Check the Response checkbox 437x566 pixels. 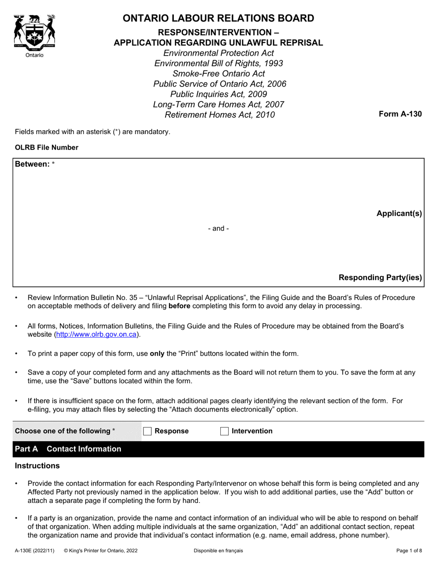click(x=148, y=431)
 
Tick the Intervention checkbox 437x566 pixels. click(x=224, y=431)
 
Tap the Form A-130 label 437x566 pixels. click(x=400, y=114)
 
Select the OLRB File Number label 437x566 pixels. click(x=46, y=148)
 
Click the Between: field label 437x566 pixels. click(x=32, y=164)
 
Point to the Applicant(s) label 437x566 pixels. click(x=399, y=214)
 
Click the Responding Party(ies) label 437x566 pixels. click(x=380, y=277)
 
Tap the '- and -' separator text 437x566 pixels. click(x=218, y=229)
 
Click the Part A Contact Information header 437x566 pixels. click(x=68, y=449)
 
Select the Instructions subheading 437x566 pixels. click(x=37, y=466)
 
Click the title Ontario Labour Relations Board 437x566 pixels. click(x=218, y=18)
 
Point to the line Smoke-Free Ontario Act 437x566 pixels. click(x=218, y=73)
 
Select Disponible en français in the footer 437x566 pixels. click(x=218, y=550)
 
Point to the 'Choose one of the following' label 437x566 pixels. click(x=63, y=431)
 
